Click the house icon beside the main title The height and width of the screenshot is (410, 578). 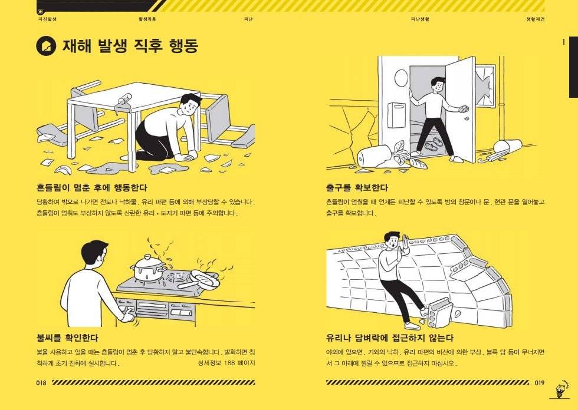point(45,46)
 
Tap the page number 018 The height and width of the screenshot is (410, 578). point(41,382)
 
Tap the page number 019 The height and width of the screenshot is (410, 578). point(539,382)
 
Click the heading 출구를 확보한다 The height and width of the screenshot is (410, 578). point(357,188)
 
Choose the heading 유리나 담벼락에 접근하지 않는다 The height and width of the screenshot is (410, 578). point(390,338)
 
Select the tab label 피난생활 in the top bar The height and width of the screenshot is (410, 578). point(420,19)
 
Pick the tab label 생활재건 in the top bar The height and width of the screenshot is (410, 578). point(535,19)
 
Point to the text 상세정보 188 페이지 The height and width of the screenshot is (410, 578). point(227,363)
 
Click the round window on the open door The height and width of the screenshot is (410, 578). point(400,77)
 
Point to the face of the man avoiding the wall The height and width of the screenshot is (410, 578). point(393,241)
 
